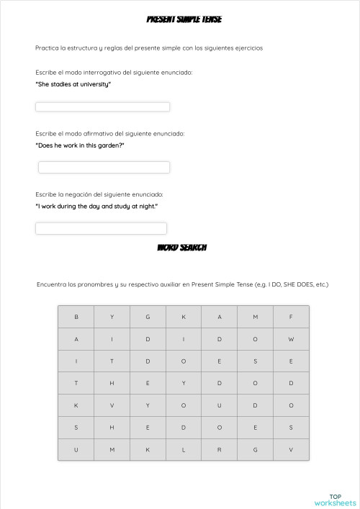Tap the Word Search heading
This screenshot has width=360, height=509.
click(x=182, y=247)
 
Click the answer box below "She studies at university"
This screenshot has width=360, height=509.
click(x=102, y=107)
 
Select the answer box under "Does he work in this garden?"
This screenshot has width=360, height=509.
click(x=104, y=168)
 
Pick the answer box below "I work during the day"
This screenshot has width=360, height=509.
click(x=101, y=228)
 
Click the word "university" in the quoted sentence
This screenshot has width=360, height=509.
click(x=95, y=84)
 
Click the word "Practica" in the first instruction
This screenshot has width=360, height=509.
click(x=46, y=48)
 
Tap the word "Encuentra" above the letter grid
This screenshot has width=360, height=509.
click(x=51, y=284)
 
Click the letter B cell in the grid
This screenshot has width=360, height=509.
click(x=76, y=317)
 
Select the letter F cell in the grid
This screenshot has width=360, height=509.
click(x=291, y=317)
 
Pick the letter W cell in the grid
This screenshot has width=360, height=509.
click(x=291, y=339)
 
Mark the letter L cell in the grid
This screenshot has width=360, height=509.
click(x=184, y=450)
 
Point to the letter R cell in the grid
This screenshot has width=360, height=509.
click(x=220, y=450)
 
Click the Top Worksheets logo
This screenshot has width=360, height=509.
click(x=335, y=500)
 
